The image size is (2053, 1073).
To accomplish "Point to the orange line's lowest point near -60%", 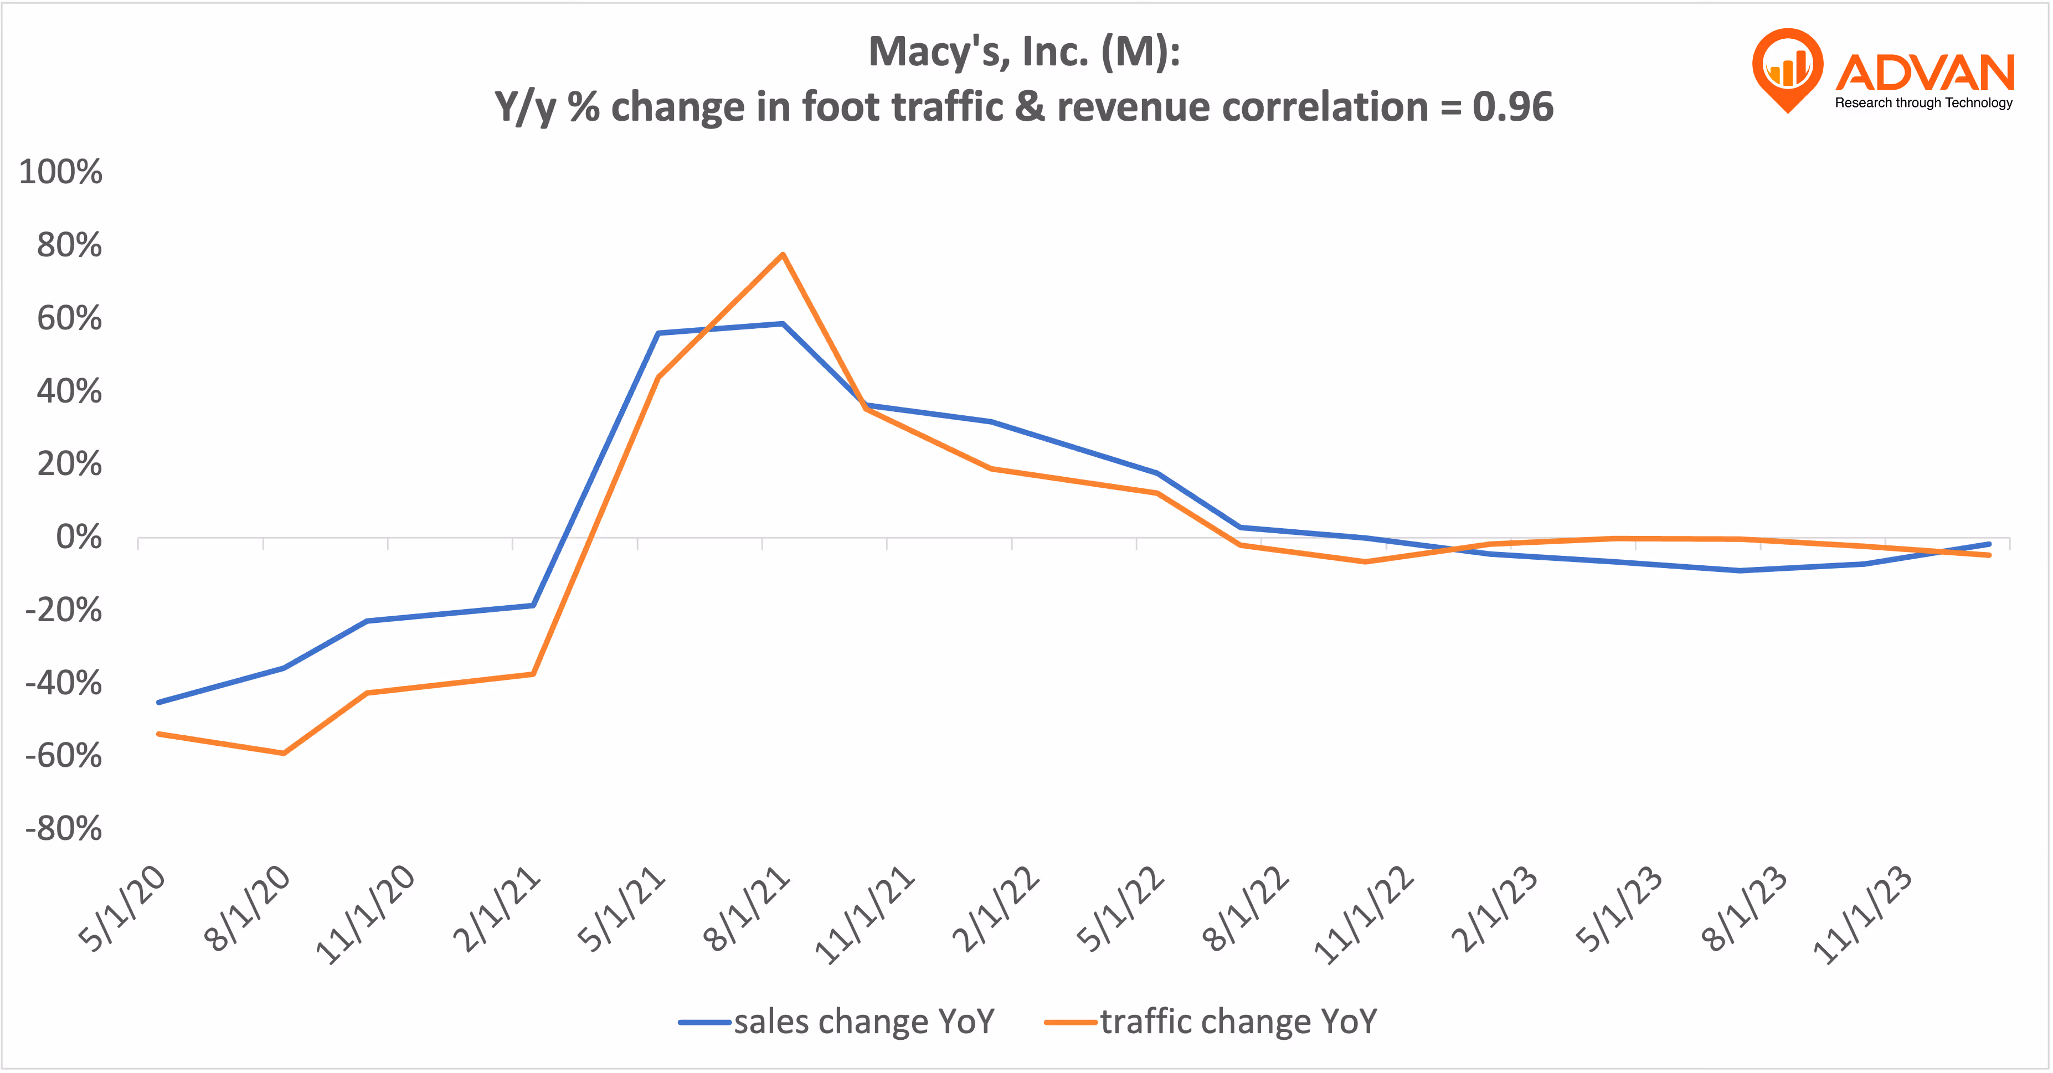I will point(284,753).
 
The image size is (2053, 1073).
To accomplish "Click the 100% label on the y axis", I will point(60,172).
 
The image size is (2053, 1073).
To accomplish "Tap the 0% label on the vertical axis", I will point(78,538).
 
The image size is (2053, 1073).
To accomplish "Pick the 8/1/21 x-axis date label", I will point(747,910).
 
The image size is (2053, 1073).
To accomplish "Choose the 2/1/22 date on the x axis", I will point(996,910).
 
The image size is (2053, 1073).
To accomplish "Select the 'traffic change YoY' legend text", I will point(1238,1021).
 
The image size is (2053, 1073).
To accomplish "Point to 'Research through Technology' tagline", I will point(1923,103).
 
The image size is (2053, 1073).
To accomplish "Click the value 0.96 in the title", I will point(1512,107).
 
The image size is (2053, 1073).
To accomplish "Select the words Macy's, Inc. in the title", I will point(979,52).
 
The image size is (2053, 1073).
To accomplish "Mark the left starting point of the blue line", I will point(158,702).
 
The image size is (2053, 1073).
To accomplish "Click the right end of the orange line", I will point(1989,555).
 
